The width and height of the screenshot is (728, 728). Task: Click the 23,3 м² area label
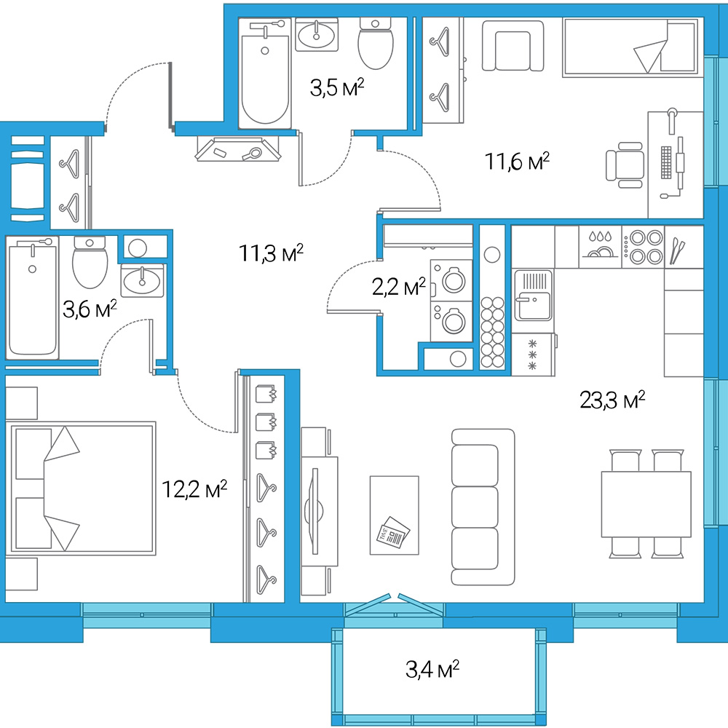coord(612,400)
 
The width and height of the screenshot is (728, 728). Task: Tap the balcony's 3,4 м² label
coord(432,670)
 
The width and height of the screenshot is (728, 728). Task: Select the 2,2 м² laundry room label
coord(399,288)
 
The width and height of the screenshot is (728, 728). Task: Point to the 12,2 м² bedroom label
coord(194,489)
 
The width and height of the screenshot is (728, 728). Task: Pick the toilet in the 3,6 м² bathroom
coord(90,262)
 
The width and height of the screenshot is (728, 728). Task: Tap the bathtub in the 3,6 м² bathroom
coord(32,298)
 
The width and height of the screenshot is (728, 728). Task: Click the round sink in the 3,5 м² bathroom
coord(316,35)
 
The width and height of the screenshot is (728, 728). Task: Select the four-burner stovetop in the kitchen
coord(643,247)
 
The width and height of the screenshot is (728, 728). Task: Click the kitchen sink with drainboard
coord(534,295)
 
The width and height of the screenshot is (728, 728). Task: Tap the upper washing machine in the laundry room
coord(451,280)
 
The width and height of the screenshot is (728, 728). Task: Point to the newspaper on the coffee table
coord(393,532)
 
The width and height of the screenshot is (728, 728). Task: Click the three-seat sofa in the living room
coord(483,507)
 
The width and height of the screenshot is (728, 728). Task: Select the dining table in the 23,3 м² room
coord(646,505)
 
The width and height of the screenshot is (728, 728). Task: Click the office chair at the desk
coord(625,165)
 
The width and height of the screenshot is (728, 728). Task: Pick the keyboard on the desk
coord(666,162)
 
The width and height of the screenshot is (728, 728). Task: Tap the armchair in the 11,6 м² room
coord(513,46)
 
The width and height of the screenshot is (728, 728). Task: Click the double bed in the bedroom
coord(81,488)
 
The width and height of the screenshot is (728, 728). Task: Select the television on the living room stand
coord(314,511)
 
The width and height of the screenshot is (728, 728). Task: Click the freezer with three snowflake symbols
coord(534,355)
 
